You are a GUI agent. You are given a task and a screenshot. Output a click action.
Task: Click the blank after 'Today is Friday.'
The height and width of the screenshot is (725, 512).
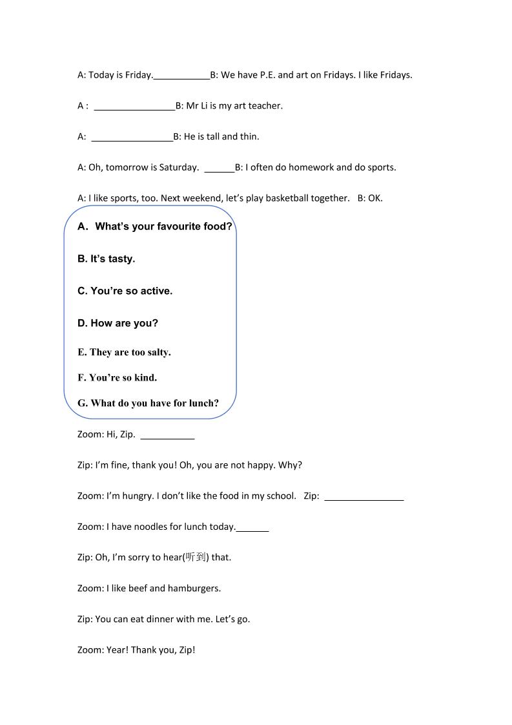click(x=181, y=76)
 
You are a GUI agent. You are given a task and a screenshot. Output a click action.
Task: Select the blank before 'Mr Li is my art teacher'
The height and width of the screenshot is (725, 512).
click(x=134, y=107)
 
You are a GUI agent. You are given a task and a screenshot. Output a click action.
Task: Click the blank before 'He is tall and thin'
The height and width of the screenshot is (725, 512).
click(x=132, y=138)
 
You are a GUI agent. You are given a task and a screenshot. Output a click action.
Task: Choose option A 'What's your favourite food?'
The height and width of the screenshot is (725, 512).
click(x=154, y=227)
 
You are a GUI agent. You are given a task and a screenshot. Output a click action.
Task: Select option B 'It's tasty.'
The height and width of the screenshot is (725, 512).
click(x=107, y=259)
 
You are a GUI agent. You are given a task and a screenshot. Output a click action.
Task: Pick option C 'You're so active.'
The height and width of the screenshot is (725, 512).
click(x=125, y=291)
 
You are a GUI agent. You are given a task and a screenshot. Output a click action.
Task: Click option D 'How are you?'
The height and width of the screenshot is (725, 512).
click(x=118, y=323)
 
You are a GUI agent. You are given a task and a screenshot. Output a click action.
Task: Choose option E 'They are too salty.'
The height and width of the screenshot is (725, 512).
click(x=124, y=352)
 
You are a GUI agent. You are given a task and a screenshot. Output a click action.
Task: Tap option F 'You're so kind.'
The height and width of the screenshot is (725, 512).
click(x=117, y=377)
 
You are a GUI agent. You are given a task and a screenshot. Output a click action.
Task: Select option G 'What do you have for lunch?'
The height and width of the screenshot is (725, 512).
click(x=148, y=403)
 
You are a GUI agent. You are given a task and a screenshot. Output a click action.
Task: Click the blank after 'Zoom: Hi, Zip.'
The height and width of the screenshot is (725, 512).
click(x=167, y=436)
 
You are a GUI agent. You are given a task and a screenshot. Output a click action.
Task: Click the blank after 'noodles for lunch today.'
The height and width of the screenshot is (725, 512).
click(x=252, y=528)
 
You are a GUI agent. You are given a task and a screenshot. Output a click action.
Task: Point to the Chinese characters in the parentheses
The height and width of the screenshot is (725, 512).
click(x=195, y=557)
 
